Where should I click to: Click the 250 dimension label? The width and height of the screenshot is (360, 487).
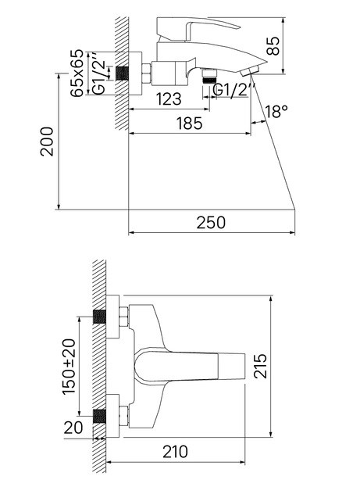click(211, 222)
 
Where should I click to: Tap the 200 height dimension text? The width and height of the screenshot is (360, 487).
click(47, 141)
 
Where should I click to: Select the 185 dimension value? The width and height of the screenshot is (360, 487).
click(189, 124)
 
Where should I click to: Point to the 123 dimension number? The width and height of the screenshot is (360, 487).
click(169, 99)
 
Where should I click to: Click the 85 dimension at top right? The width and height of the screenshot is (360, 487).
click(273, 46)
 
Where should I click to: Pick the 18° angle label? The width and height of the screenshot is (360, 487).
click(276, 111)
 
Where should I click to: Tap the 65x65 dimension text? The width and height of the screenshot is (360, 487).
click(77, 73)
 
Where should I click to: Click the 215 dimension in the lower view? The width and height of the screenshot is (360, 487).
click(260, 366)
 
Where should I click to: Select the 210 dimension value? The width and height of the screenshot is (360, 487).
click(175, 452)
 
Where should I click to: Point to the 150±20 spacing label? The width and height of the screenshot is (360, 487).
click(69, 367)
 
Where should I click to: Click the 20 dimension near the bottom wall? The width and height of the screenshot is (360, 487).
click(73, 428)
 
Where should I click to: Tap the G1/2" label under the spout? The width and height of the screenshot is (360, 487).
click(231, 90)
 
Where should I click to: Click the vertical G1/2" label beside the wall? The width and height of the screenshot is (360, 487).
click(99, 73)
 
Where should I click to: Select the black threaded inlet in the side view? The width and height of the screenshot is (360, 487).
click(123, 73)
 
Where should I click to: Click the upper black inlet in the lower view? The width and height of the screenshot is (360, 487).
click(99, 317)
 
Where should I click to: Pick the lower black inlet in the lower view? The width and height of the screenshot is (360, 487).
click(99, 416)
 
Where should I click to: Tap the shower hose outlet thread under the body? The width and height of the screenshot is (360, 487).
click(209, 77)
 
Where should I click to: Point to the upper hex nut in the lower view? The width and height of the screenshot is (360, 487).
click(123, 317)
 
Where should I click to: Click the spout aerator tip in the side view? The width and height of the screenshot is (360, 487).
click(250, 71)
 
